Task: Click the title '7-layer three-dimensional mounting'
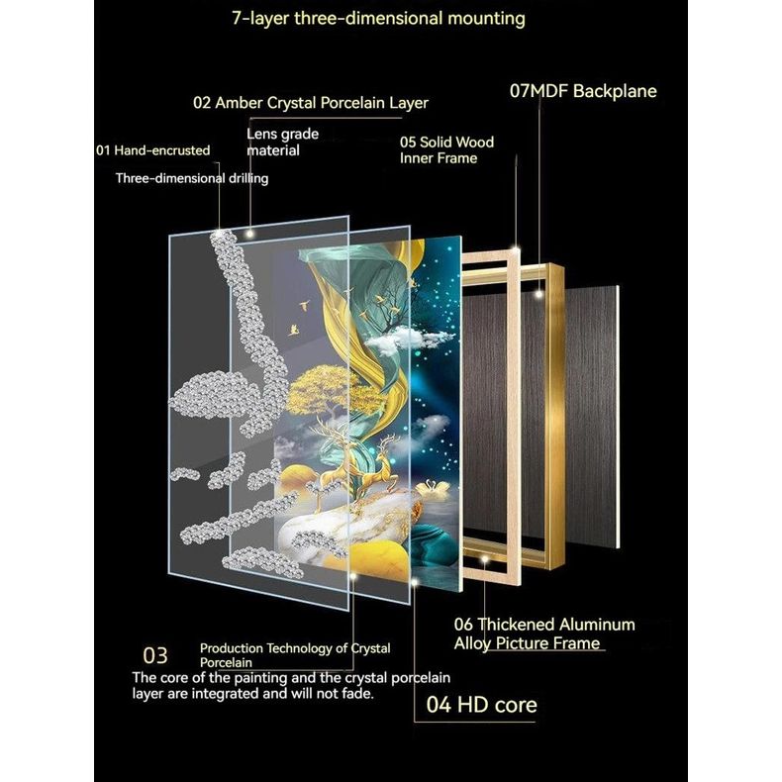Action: pos(379,19)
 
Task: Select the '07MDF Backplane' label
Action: pos(583,91)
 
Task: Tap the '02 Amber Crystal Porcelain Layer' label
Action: pos(311,102)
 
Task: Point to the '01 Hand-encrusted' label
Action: pos(152,150)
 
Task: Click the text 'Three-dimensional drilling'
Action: pos(192,178)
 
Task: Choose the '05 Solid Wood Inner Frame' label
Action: pos(446,150)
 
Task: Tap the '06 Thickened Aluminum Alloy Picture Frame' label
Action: pos(543,634)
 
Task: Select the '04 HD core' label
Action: pos(481,705)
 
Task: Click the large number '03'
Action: pos(155,655)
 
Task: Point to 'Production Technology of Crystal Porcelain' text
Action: pos(294,654)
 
